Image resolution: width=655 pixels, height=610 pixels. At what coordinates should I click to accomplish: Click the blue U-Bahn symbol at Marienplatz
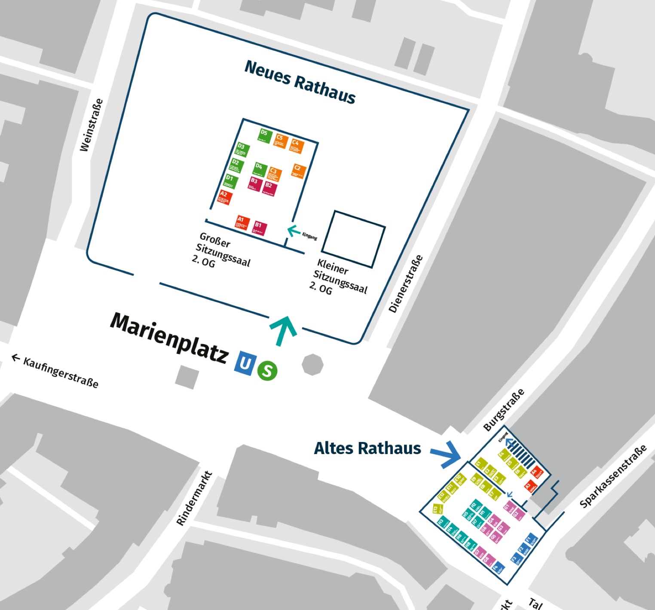pyautogui.click(x=244, y=363)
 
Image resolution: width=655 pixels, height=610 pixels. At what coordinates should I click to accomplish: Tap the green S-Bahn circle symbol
pyautogui.click(x=267, y=371)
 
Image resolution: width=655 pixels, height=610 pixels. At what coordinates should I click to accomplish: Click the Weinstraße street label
pyautogui.click(x=91, y=125)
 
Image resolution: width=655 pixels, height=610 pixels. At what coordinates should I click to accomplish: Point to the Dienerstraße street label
pyautogui.click(x=406, y=284)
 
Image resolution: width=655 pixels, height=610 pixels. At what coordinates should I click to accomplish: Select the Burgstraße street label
pyautogui.click(x=504, y=410)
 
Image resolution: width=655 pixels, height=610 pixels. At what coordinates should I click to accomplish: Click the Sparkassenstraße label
pyautogui.click(x=613, y=476)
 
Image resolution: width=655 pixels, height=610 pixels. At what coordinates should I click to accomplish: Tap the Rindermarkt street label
pyautogui.click(x=194, y=498)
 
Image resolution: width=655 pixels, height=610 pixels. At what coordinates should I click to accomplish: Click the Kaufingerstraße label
pyautogui.click(x=56, y=371)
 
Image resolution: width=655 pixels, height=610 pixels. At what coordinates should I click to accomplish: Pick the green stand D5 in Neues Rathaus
pyautogui.click(x=265, y=134)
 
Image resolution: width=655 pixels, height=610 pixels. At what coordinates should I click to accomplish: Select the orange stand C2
pyautogui.click(x=298, y=171)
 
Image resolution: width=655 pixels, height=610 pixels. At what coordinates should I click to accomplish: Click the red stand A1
pyautogui.click(x=242, y=222)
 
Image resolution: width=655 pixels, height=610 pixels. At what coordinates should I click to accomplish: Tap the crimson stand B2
pyautogui.click(x=269, y=188)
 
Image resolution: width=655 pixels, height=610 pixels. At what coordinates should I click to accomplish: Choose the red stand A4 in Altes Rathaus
pyautogui.click(x=536, y=473)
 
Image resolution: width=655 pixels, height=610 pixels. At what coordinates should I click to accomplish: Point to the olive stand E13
pyautogui.click(x=437, y=509)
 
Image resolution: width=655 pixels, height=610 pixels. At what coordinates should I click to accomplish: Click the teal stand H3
pyautogui.click(x=442, y=523)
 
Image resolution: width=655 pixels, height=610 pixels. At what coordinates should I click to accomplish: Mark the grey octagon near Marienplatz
pyautogui.click(x=312, y=364)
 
